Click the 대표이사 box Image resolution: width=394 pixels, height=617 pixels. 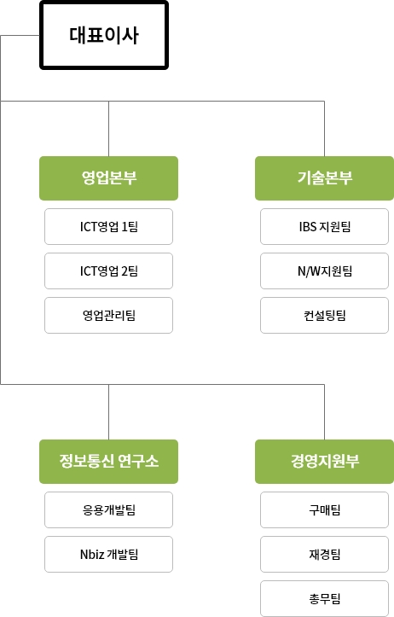(104, 35)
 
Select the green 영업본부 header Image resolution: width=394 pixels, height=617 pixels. (108, 178)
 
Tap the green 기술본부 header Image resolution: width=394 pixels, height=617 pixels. (324, 178)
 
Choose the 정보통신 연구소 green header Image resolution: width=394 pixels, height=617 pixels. (108, 462)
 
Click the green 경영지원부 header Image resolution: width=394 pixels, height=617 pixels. (324, 462)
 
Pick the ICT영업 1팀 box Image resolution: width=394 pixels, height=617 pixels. (108, 227)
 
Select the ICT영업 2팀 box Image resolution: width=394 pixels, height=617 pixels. (108, 271)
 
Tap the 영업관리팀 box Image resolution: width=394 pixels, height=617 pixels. (108, 315)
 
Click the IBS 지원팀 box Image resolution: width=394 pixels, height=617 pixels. (324, 227)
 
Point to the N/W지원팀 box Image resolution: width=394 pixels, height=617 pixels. (324, 271)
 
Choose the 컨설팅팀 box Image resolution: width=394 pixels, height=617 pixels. (324, 315)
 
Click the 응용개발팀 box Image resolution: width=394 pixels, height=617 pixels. (108, 510)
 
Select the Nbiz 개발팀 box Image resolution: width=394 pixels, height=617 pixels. (108, 554)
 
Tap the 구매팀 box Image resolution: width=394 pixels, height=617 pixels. (324, 510)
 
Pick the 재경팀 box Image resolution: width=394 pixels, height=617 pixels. (324, 554)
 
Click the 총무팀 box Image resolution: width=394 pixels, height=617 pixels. (324, 598)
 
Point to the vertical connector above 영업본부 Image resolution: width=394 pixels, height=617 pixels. (108, 129)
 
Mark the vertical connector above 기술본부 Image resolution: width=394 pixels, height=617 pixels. (324, 129)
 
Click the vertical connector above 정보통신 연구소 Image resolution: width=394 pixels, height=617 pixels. (108, 412)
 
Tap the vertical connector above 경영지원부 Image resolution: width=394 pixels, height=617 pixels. (324, 412)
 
